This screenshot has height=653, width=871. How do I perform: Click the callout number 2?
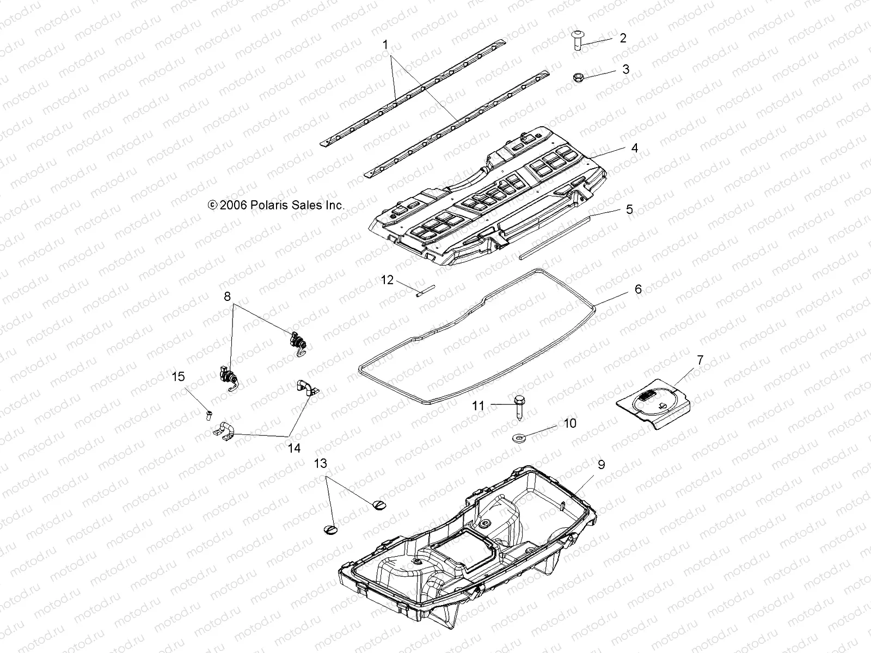pyautogui.click(x=623, y=38)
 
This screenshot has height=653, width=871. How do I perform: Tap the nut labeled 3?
pyautogui.click(x=580, y=78)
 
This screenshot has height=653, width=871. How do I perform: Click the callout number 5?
pyautogui.click(x=629, y=210)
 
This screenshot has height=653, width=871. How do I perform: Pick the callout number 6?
pyautogui.click(x=638, y=289)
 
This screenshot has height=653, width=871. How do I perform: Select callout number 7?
pyautogui.click(x=700, y=360)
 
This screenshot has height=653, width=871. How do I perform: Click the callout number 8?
pyautogui.click(x=227, y=297)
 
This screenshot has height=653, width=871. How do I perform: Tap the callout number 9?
pyautogui.click(x=601, y=465)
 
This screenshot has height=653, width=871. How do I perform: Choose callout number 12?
pyautogui.click(x=387, y=280)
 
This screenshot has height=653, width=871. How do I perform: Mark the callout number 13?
pyautogui.click(x=321, y=464)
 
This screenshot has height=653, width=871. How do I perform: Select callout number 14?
pyautogui.click(x=294, y=448)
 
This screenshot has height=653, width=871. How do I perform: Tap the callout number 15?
pyautogui.click(x=179, y=377)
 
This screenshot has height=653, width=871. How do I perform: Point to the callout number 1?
pyautogui.click(x=385, y=45)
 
